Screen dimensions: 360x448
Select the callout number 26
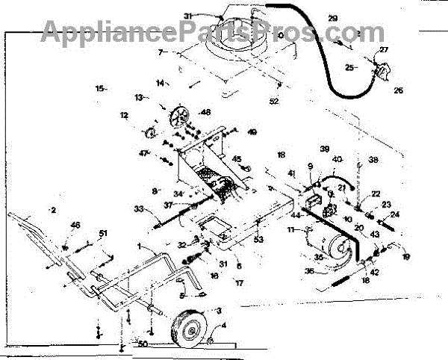[397, 91]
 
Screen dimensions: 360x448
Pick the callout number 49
[252, 132]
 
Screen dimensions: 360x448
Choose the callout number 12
[124, 116]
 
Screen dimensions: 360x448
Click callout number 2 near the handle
[53, 211]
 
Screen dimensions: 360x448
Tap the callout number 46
[75, 225]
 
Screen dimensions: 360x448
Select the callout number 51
[103, 233]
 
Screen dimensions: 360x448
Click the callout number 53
[259, 239]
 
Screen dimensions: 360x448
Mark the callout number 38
[373, 160]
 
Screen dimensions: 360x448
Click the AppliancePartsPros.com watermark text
[202, 31]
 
